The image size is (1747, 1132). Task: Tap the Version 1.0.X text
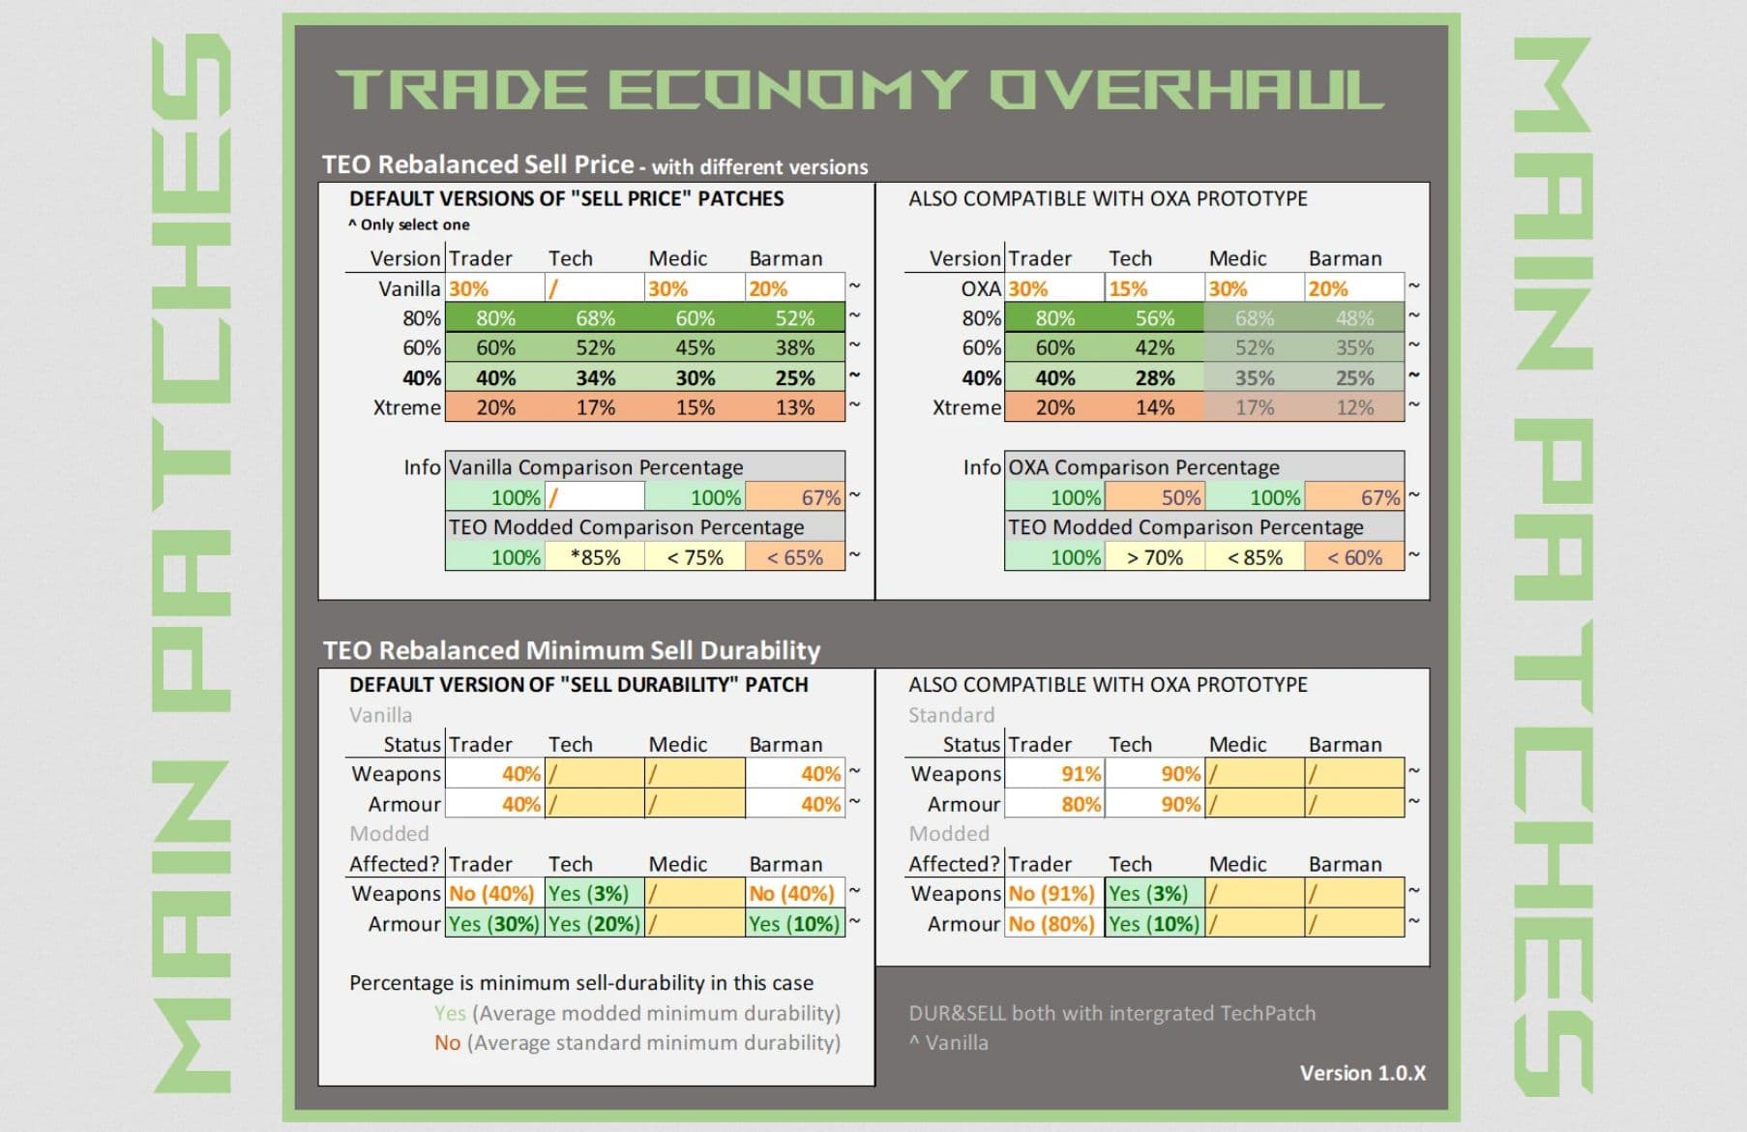[1362, 1073]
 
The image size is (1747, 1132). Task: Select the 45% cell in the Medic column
[695, 347]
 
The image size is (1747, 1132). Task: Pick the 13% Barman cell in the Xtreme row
[794, 407]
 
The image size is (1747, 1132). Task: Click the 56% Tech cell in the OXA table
[1154, 318]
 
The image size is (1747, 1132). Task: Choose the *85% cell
[595, 557]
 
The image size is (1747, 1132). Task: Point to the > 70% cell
[1155, 557]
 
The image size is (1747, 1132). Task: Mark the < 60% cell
[1354, 557]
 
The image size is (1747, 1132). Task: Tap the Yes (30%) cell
[494, 924]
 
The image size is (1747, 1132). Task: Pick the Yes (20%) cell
[594, 924]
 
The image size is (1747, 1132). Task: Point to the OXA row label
[980, 288]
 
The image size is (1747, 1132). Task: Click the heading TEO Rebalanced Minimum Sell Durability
[571, 650]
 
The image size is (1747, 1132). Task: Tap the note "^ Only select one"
[409, 224]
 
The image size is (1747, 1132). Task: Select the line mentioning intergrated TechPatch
[1111, 1013]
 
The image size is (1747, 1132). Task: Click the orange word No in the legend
[447, 1043]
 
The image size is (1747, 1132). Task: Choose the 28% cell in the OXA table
[1154, 378]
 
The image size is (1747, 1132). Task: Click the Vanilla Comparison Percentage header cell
[596, 467]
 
